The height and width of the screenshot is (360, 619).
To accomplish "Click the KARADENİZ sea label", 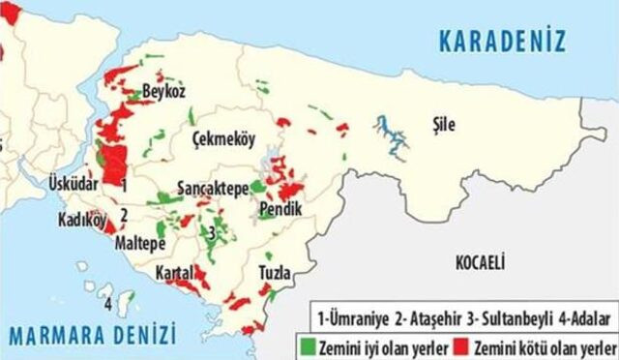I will pyautogui.click(x=501, y=42).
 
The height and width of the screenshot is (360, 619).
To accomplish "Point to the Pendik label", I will pyautogui.click(x=280, y=209).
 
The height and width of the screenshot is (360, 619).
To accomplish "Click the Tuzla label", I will pyautogui.click(x=274, y=274).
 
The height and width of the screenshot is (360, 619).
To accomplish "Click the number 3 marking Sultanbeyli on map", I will pyautogui.click(x=210, y=231).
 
